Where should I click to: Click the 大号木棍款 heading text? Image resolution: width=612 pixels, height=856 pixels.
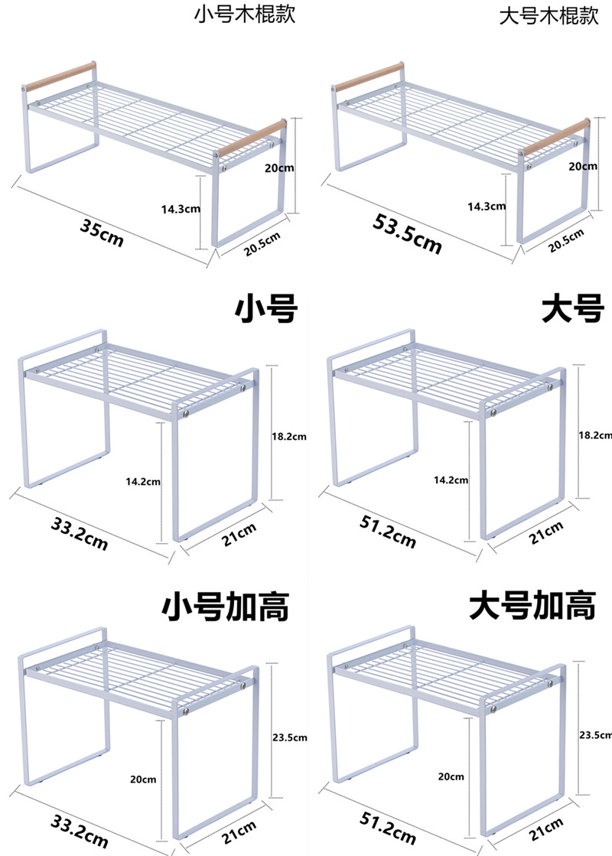[x=549, y=15]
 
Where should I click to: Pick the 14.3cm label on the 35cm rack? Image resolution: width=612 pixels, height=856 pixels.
[x=181, y=207]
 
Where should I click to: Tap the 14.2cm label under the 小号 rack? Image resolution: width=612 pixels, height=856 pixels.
[x=143, y=481]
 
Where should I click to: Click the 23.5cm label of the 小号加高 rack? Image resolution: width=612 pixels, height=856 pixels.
[x=289, y=737]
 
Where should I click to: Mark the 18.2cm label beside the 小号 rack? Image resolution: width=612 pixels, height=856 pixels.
[x=289, y=437]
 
